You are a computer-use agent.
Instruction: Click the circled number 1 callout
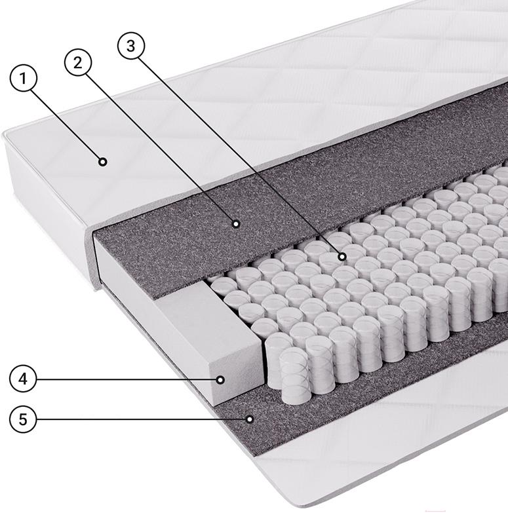pyautogui.click(x=23, y=78)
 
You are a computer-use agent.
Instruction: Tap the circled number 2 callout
pyautogui.click(x=78, y=62)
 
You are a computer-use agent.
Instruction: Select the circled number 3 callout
pyautogui.click(x=131, y=45)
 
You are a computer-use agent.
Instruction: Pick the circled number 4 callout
pyautogui.click(x=23, y=379)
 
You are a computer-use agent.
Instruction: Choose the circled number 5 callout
pyautogui.click(x=23, y=419)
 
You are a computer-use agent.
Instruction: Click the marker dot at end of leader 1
pyautogui.click(x=103, y=162)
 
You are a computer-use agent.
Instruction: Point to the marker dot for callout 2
pyautogui.click(x=236, y=224)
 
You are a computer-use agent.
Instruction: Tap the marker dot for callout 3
pyautogui.click(x=342, y=257)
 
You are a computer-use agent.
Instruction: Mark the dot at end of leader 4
pyautogui.click(x=221, y=380)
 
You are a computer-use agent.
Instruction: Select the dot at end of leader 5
pyautogui.click(x=250, y=419)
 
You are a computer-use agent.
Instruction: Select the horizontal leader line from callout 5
pyautogui.click(x=142, y=419)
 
